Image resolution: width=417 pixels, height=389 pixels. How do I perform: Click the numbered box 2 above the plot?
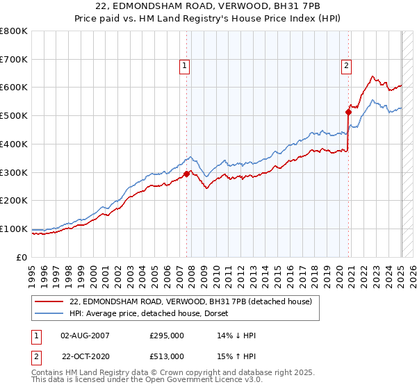(346, 66)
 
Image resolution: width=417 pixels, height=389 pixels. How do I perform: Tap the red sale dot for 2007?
(187, 174)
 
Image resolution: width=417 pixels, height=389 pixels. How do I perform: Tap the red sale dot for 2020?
(348, 111)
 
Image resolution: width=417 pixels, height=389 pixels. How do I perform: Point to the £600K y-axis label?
(14, 88)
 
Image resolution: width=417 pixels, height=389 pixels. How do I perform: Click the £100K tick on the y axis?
(14, 229)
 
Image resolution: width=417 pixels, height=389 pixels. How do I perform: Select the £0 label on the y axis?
(22, 257)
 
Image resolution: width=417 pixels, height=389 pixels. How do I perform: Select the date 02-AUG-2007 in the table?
(85, 335)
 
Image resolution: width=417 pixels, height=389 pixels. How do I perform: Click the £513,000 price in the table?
(167, 356)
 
